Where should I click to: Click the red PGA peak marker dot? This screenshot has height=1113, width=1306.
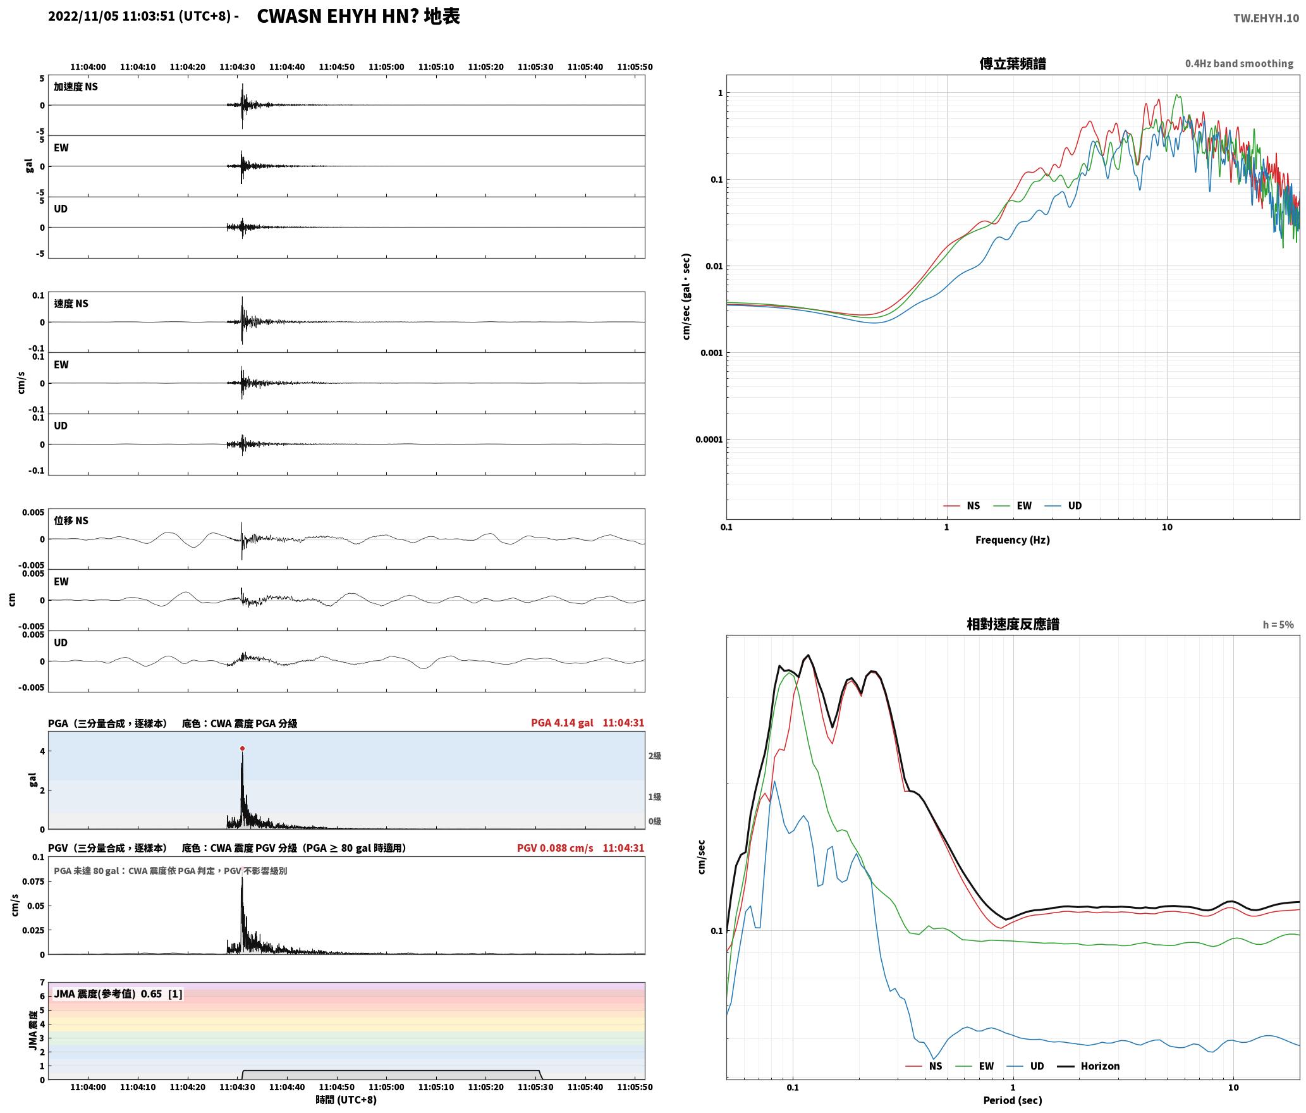click(x=242, y=748)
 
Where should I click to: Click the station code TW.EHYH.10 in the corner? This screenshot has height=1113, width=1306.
click(x=1266, y=18)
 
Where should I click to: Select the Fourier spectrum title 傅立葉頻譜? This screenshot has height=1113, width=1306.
click(x=1013, y=63)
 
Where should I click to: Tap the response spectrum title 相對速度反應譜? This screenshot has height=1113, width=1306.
click(x=1013, y=624)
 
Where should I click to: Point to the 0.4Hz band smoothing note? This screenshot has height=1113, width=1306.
click(x=1239, y=64)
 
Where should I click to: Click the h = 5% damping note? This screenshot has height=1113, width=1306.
click(x=1278, y=625)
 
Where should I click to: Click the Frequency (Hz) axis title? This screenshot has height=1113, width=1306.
click(x=1013, y=539)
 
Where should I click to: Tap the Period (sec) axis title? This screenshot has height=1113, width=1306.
click(x=1013, y=1100)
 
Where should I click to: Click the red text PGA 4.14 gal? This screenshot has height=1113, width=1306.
click(x=562, y=723)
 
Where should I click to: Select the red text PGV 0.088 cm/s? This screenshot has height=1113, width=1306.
click(x=555, y=848)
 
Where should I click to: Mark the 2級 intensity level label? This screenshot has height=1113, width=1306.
click(x=654, y=756)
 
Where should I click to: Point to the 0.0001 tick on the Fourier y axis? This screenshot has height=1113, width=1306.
click(x=709, y=440)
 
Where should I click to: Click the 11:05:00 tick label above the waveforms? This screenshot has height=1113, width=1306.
click(x=386, y=67)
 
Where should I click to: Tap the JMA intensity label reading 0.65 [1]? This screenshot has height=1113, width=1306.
click(x=161, y=993)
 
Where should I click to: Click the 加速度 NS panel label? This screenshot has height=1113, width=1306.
click(x=76, y=87)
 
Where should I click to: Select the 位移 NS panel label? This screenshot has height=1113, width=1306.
click(x=71, y=520)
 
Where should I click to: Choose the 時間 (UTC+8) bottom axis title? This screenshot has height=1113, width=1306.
click(x=346, y=1100)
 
